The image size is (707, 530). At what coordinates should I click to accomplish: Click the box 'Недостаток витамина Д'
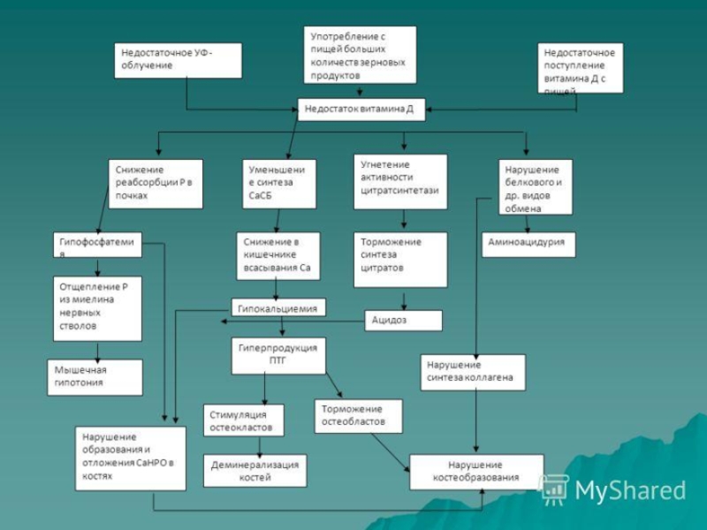click(x=361, y=110)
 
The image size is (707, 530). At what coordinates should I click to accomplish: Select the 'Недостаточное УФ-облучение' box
click(x=178, y=60)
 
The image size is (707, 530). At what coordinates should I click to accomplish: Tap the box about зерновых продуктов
click(x=361, y=55)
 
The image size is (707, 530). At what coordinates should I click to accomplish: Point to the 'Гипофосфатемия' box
click(x=97, y=246)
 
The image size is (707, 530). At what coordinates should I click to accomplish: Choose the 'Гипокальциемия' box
click(x=278, y=307)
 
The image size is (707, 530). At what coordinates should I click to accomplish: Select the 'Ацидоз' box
click(x=403, y=320)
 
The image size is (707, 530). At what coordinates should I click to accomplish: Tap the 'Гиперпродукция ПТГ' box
click(x=278, y=355)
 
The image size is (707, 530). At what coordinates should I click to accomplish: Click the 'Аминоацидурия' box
click(x=528, y=245)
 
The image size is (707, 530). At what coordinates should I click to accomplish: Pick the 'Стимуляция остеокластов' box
click(x=243, y=420)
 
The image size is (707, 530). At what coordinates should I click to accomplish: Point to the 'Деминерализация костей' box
click(x=255, y=471)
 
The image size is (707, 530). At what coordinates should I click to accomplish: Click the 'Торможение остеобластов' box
click(x=358, y=416)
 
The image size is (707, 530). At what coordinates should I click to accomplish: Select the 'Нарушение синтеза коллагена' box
click(x=472, y=373)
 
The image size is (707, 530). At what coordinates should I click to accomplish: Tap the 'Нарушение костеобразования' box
click(x=475, y=472)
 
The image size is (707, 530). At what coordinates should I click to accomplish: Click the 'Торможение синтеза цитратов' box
click(x=400, y=260)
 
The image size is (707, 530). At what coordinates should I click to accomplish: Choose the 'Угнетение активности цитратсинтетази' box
click(x=400, y=181)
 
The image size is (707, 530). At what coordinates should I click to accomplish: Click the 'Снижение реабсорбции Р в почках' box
click(x=156, y=184)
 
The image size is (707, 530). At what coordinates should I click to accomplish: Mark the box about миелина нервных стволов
click(x=97, y=308)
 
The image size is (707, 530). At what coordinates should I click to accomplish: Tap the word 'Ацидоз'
click(x=390, y=320)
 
